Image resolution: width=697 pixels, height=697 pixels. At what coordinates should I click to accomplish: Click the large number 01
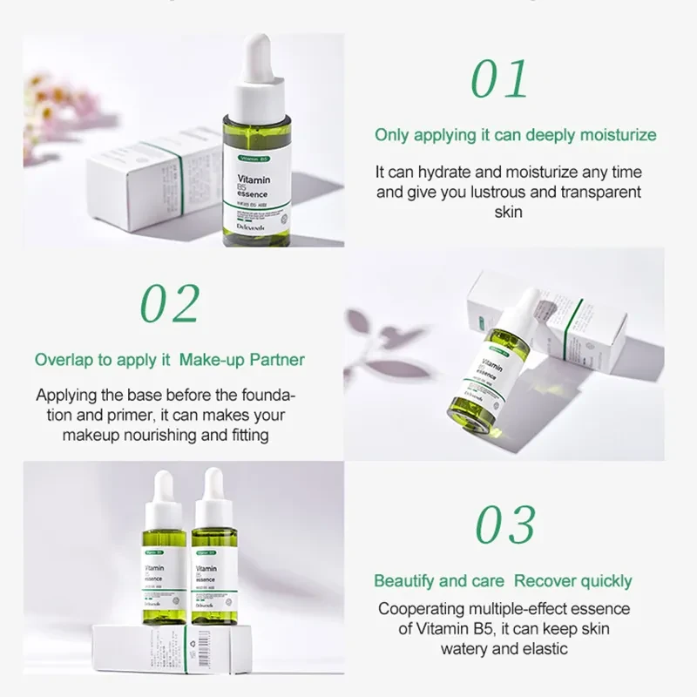point(499,79)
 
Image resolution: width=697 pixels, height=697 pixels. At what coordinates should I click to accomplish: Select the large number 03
point(505,525)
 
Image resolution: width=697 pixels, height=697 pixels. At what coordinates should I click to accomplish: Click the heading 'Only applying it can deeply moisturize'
point(516,135)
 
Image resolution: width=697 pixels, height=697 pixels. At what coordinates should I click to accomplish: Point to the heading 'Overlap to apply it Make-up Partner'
point(170,359)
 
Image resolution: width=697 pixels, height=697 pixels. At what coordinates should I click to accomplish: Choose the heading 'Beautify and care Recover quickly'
point(503,581)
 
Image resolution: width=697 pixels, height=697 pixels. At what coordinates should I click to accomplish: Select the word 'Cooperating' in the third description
point(422,609)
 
